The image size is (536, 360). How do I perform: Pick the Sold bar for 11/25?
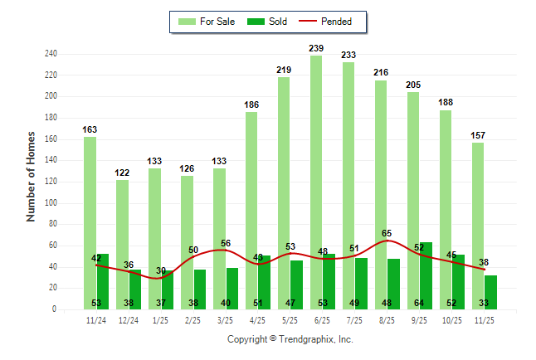point(490,292)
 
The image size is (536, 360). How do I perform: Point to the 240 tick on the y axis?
point(51,54)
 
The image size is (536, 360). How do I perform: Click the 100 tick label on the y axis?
point(51,203)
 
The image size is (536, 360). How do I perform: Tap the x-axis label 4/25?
point(258,319)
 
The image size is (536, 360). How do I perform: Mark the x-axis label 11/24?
point(96,319)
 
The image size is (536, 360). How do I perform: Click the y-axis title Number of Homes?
point(32,176)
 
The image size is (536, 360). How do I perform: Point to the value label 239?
point(316,49)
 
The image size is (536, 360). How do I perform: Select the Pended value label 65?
point(387,234)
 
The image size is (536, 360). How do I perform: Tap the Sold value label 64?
point(420,304)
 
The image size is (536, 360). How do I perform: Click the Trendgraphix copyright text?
point(290,339)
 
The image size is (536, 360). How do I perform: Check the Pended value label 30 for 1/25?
point(161,270)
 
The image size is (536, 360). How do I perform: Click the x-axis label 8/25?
point(387,319)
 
